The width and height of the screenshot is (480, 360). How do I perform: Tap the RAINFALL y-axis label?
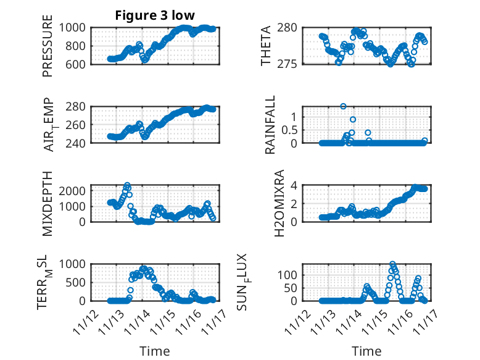(270, 125)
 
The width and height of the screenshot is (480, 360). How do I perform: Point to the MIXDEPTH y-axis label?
(48, 203)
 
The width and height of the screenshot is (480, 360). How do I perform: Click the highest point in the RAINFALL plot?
(343, 106)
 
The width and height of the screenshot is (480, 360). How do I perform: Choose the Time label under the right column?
(366, 351)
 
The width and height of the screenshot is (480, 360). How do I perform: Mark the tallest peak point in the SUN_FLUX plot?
(392, 264)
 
